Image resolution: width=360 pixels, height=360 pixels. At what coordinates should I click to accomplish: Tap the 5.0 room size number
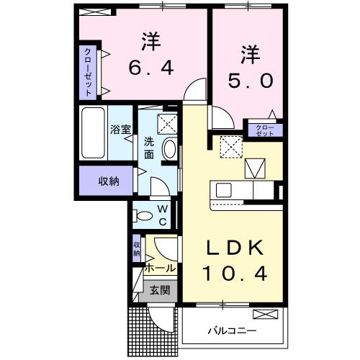(250, 81)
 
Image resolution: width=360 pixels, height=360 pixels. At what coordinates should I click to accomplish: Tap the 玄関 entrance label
(160, 291)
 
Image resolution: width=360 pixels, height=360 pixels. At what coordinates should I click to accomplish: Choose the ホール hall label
(159, 268)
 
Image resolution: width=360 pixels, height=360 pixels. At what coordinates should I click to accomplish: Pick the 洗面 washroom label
(148, 148)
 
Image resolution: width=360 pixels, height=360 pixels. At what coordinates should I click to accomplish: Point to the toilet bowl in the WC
(143, 215)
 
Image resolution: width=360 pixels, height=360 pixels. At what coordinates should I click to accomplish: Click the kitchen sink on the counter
(223, 191)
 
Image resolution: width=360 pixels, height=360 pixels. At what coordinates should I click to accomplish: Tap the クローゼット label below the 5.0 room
(265, 131)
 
